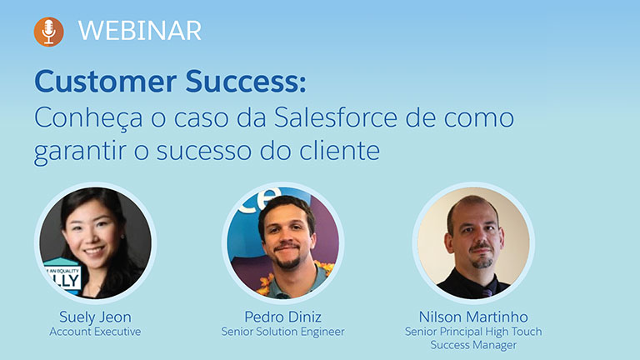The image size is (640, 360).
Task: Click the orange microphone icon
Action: point(48,32)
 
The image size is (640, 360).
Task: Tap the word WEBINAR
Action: point(140,31)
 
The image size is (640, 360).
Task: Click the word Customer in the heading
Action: point(105,81)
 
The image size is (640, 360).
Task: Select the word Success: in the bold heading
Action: point(246,81)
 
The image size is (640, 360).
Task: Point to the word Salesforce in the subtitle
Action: point(336,117)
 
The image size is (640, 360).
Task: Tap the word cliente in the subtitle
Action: point(340,150)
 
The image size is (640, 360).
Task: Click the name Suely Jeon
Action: point(95,317)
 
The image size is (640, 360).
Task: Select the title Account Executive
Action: point(95,332)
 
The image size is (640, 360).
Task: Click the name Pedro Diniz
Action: point(282,317)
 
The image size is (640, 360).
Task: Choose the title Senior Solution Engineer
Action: point(282,332)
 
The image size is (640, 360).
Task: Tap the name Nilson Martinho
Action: point(473,317)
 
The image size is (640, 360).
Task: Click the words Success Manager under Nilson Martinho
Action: point(473,345)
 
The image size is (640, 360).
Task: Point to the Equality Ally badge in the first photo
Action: point(62,275)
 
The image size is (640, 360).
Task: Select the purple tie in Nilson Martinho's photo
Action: point(487,291)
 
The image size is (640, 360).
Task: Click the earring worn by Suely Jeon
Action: point(122,237)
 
